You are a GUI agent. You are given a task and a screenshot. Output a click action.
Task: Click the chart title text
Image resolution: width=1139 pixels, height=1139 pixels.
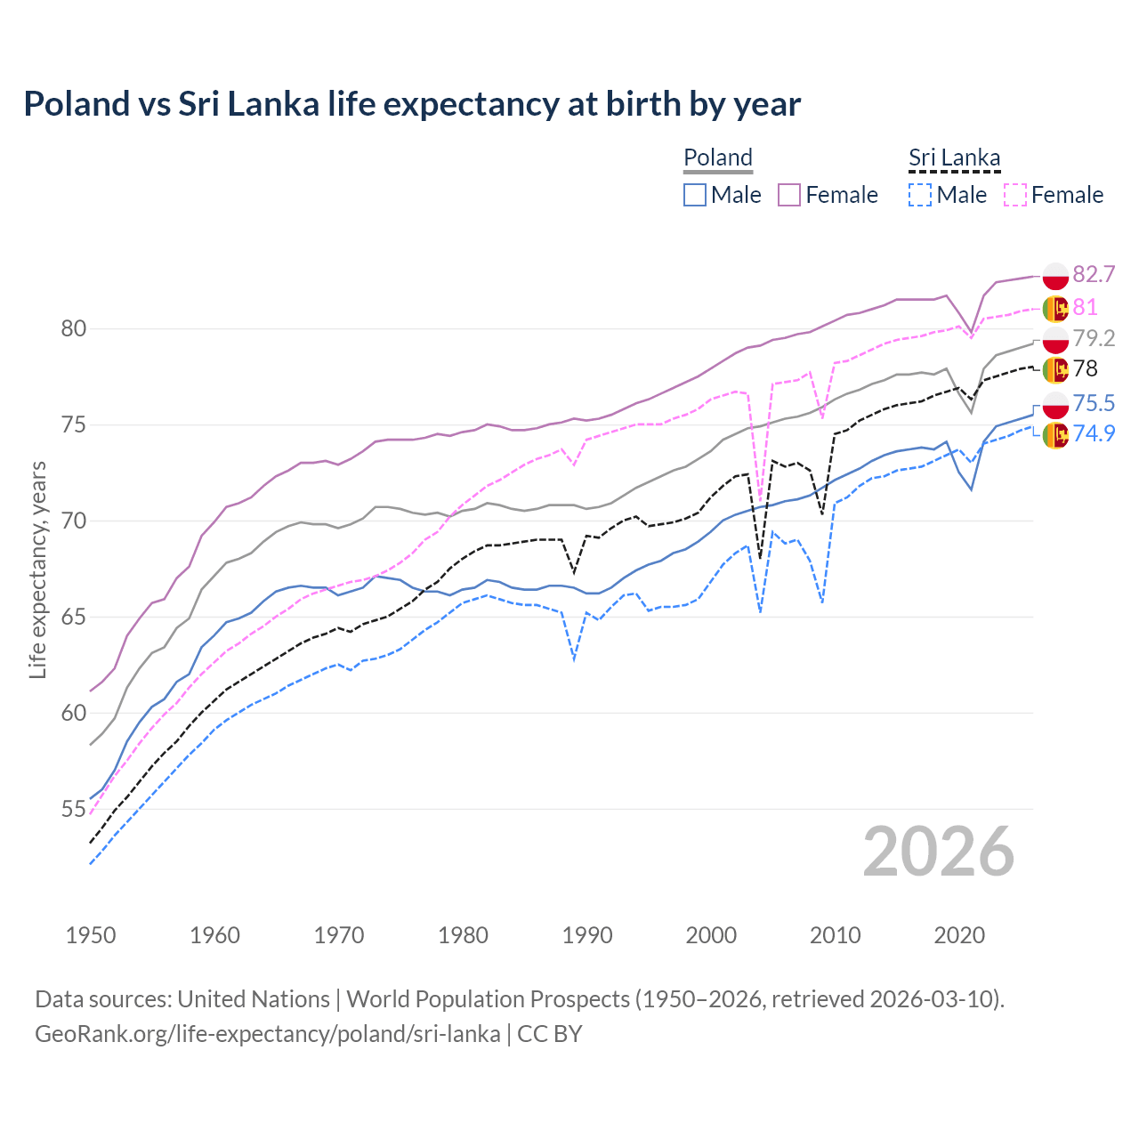point(412,104)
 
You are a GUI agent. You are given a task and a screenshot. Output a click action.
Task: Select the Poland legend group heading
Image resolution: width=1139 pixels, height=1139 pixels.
point(718,158)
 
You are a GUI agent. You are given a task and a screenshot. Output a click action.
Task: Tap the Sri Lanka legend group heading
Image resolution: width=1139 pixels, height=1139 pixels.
point(954,158)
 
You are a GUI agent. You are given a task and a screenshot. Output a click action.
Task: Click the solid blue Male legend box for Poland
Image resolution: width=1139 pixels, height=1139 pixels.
point(695,195)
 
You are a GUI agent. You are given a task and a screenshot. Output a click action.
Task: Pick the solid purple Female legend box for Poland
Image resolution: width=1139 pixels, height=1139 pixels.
point(789,195)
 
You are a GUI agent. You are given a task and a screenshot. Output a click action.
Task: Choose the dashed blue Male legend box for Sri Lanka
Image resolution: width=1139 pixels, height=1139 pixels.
point(920,195)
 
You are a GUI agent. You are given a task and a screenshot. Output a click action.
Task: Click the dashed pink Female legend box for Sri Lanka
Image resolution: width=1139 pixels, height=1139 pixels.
point(1015,195)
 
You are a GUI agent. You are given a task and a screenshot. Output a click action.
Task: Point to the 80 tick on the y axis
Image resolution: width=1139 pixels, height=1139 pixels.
point(73,329)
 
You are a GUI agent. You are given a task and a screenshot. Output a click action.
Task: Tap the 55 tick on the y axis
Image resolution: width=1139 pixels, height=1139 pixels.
point(73,810)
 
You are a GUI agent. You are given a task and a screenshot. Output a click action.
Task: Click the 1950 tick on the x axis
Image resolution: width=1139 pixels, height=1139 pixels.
point(91,935)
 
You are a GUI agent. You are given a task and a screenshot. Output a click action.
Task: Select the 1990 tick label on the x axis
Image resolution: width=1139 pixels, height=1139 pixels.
point(587,935)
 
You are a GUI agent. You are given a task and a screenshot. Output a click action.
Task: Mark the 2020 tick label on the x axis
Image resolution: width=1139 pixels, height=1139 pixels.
point(959,935)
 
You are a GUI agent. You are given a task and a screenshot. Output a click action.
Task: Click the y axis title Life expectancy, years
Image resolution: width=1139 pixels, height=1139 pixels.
point(38,569)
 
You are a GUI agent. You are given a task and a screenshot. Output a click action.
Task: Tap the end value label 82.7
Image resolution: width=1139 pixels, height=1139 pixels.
point(1094,274)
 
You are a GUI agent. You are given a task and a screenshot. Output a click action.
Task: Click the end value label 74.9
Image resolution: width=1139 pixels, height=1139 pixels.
point(1094,433)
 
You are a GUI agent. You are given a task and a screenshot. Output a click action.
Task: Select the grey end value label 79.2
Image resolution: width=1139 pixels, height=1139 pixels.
point(1094,338)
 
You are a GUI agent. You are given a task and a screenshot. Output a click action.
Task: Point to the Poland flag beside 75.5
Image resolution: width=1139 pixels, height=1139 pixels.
point(1055,404)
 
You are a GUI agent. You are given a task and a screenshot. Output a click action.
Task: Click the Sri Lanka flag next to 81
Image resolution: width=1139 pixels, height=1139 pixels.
point(1055,308)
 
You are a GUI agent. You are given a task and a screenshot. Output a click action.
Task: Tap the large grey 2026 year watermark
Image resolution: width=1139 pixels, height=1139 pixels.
point(939,852)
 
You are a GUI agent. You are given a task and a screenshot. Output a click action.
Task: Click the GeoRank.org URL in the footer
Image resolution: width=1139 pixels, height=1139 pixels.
point(267,1034)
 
